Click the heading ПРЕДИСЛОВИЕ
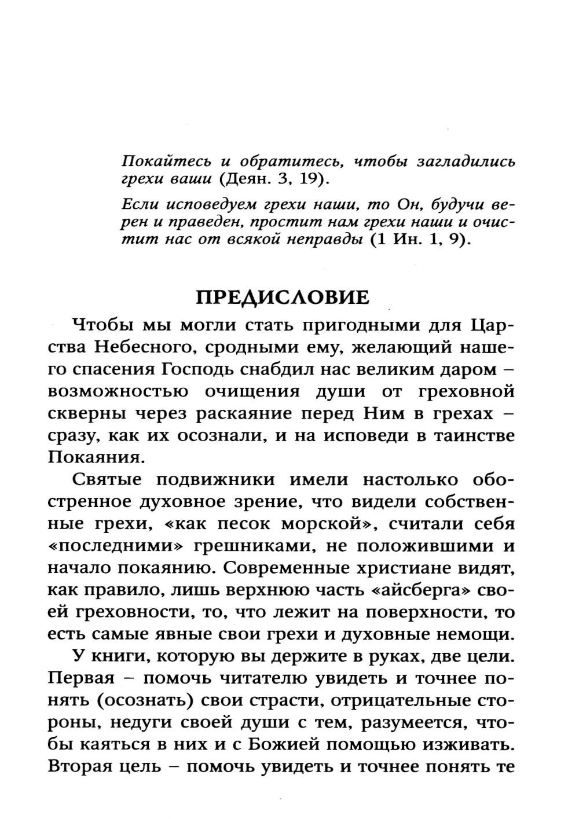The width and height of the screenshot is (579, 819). click(283, 298)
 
